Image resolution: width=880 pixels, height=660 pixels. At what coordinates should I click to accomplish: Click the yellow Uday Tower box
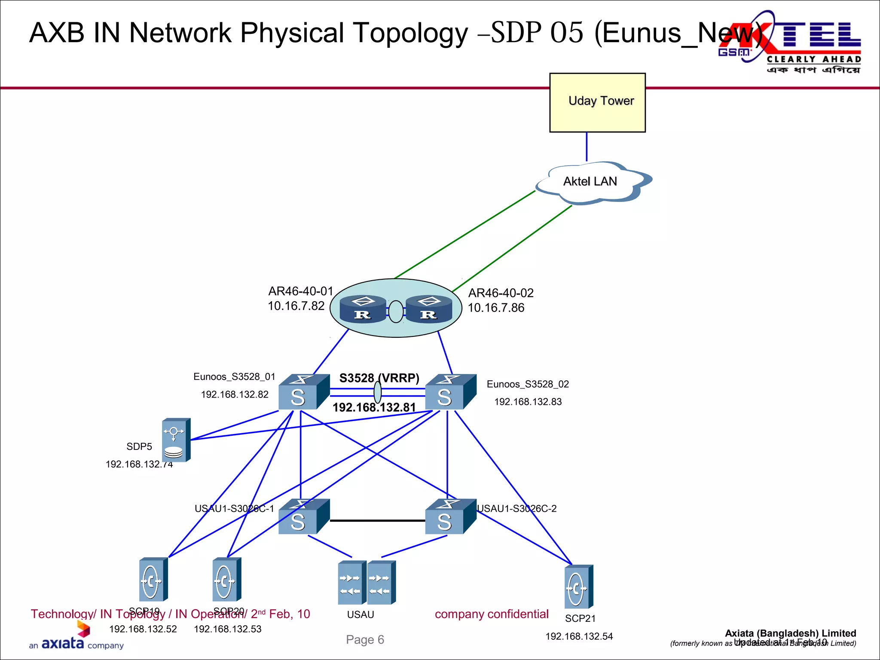coord(597,102)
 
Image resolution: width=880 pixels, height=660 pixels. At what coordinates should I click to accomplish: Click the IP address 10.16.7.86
coord(496,308)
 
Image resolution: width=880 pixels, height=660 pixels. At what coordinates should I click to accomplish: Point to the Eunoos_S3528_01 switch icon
coord(303,392)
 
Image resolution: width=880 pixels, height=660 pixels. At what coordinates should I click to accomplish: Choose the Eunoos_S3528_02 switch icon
coord(450,392)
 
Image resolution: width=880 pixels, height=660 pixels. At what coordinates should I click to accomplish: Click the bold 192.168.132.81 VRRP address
coord(374,407)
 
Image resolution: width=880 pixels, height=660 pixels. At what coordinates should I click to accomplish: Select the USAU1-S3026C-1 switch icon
coord(303,516)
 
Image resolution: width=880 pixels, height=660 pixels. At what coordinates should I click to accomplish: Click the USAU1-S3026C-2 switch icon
coord(450,516)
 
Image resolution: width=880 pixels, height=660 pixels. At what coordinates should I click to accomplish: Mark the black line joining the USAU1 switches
coord(377,520)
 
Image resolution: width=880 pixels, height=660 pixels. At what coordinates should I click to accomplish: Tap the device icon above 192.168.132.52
coord(153,579)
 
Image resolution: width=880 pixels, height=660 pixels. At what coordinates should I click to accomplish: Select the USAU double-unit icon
coord(367,583)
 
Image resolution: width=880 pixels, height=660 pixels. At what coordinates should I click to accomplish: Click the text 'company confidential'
coord(492,614)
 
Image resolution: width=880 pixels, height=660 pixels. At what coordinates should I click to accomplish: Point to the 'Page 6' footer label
coord(365,640)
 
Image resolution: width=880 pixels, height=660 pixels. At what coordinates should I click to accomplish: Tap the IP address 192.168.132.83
coord(528,402)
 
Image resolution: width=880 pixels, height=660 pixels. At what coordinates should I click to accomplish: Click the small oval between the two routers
coord(396,312)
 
